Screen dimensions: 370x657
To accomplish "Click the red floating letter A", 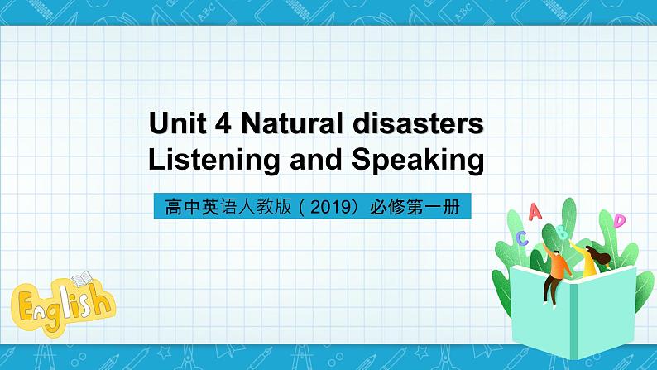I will [534, 213].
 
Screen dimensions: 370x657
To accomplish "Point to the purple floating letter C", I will [521, 238].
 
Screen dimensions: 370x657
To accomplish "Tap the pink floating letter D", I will [619, 220].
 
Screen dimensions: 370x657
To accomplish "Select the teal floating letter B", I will [562, 232].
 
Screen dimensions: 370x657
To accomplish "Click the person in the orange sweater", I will [556, 267].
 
